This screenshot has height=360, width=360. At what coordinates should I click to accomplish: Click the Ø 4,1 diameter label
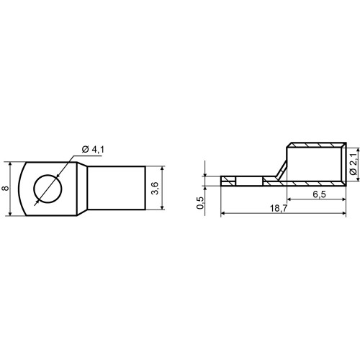click(93, 150)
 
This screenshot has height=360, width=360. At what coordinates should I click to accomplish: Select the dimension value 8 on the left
click(5, 188)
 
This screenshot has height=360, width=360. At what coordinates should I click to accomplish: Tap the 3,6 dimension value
click(156, 188)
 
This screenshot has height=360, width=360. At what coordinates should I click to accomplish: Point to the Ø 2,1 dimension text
click(354, 165)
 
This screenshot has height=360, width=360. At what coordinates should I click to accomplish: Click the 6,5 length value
click(319, 194)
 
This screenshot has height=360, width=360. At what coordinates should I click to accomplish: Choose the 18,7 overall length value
click(279, 208)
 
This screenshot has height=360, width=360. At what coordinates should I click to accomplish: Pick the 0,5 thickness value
click(200, 203)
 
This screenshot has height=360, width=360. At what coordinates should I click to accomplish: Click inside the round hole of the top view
click(48, 189)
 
